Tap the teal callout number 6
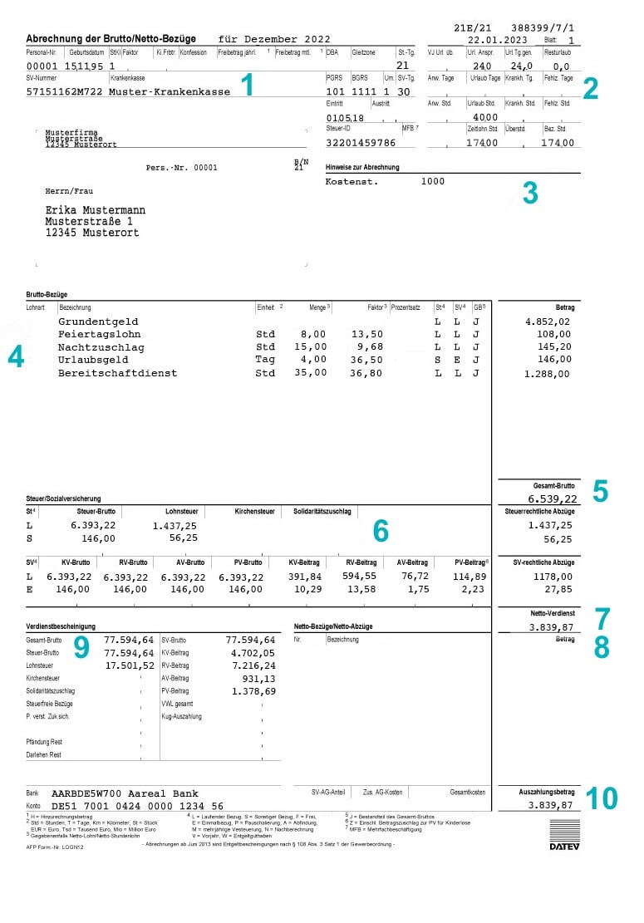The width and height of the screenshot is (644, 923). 381,529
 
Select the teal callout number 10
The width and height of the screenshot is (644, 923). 602,798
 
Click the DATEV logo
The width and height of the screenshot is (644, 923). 565,834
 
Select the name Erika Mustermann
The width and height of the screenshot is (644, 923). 95,210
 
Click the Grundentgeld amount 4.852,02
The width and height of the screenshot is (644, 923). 548,322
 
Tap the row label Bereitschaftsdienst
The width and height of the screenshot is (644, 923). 117,374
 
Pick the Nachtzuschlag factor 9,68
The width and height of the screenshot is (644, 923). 369,347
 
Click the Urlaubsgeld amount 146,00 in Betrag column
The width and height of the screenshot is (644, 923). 554,361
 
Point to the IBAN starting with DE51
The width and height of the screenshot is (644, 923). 137,806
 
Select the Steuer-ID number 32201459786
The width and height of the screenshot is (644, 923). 361,143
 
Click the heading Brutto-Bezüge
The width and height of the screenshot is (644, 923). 47,295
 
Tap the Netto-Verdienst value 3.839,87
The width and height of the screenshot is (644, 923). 551,627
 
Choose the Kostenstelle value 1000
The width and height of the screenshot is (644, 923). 433,181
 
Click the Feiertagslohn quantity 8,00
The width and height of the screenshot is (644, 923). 312,334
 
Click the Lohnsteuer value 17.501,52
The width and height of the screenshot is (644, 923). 130,665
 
